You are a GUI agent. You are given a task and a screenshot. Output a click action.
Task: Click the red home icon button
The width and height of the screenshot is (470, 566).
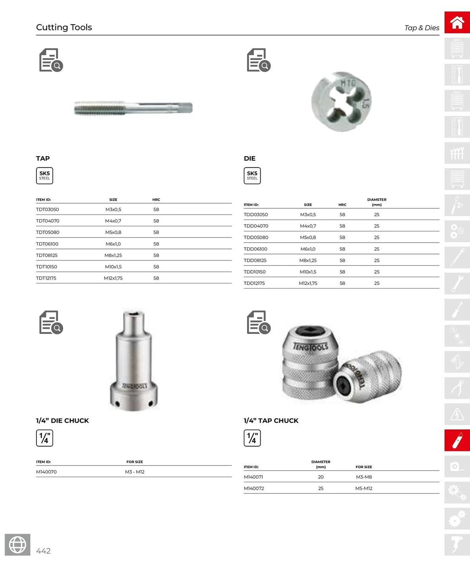pos(457,22)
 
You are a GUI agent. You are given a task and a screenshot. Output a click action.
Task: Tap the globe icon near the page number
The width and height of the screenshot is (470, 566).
pos(18,544)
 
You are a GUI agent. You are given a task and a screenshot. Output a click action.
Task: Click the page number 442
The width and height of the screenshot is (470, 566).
pos(43,551)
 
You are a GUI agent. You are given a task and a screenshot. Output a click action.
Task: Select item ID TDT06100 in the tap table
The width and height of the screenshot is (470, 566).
pos(47,244)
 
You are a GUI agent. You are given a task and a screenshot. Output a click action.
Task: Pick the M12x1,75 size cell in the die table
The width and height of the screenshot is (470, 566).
pos(308,283)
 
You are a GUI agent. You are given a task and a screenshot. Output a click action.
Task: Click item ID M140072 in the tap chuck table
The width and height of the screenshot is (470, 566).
pos(254,488)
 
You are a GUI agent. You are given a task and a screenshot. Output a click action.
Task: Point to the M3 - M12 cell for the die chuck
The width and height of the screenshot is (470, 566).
pos(134,472)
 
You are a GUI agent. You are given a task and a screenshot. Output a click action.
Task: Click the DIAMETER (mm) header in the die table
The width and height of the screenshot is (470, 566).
pos(377,202)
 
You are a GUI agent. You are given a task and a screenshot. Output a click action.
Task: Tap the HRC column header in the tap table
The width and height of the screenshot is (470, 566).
pos(156,200)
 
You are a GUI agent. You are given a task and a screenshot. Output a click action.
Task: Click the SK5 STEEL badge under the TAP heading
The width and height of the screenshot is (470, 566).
pos(44,175)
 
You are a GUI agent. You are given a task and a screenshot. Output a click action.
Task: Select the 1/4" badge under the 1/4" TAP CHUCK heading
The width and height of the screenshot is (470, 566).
pos(252,438)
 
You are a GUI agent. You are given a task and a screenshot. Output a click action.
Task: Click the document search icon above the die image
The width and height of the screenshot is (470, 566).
pos(258,60)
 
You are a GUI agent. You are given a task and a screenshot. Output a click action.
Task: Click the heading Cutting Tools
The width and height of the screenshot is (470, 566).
pos(64,27)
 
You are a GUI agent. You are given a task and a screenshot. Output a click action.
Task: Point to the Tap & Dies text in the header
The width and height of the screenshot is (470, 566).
pos(422,28)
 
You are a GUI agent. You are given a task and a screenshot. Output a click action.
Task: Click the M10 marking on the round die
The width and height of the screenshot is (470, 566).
pos(348,83)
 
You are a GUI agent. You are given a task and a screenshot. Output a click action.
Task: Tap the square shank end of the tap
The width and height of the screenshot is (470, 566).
pos(187,108)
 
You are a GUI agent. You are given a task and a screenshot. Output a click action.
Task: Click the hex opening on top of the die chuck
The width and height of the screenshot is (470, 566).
pos(133,313)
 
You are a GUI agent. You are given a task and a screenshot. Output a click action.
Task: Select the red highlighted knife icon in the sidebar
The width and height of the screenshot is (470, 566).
pos(457,440)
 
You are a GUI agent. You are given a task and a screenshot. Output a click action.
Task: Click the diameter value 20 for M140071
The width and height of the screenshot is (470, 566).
pos(321,477)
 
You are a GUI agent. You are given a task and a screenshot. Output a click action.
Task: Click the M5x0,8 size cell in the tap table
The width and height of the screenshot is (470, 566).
pos(113,232)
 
